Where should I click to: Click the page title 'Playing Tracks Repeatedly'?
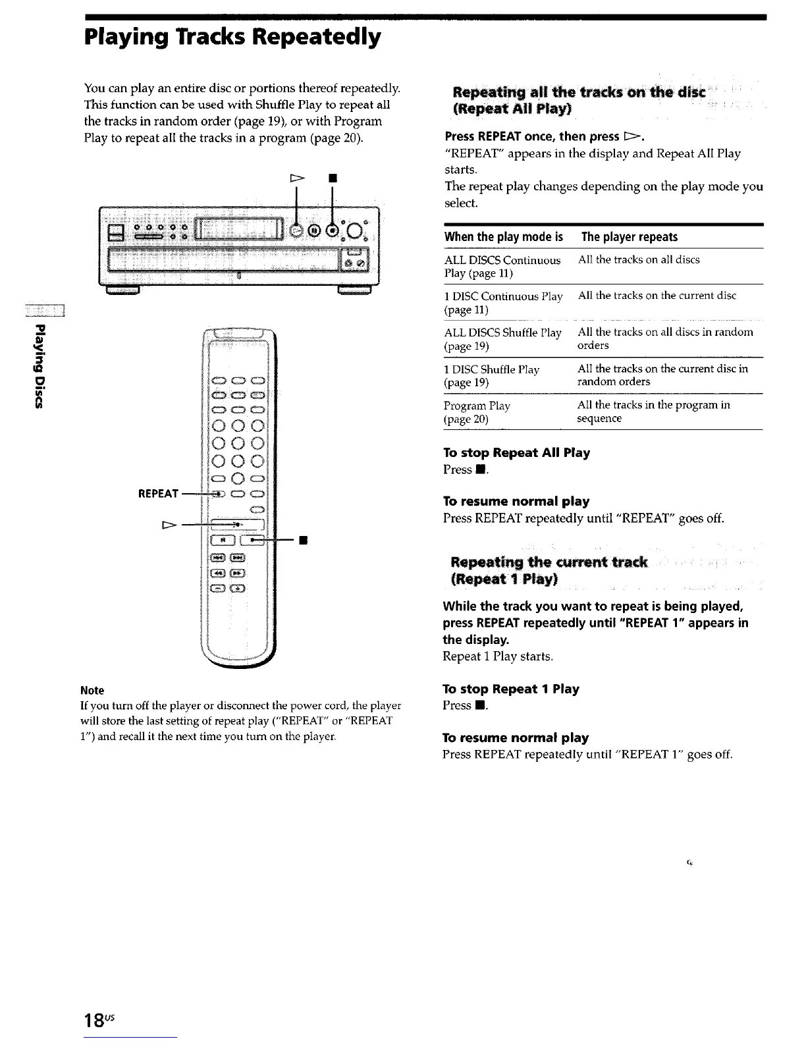[232, 37]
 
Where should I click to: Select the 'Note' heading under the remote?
[92, 691]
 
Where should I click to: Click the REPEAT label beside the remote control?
[158, 494]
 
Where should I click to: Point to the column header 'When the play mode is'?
[504, 237]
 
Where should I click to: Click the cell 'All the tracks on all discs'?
[639, 259]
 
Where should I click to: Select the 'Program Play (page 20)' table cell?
[477, 412]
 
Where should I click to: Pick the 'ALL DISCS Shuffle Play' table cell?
[502, 338]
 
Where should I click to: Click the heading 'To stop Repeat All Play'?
[516, 453]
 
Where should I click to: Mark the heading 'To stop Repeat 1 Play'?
[511, 689]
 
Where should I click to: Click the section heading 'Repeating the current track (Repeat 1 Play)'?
[549, 570]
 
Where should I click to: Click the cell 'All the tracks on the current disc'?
[657, 296]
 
